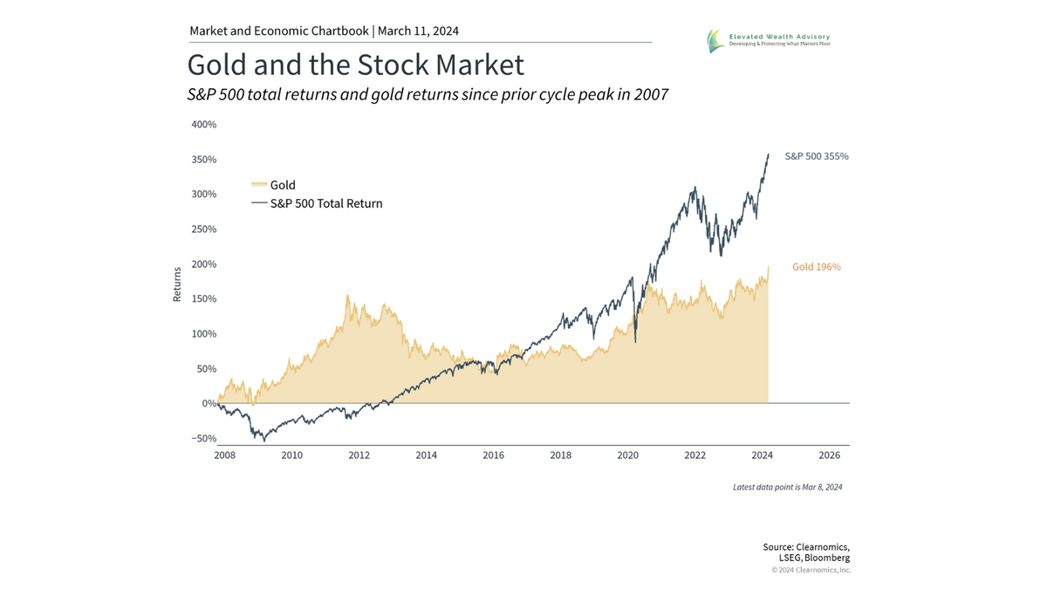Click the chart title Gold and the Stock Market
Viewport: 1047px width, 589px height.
pyautogui.click(x=356, y=65)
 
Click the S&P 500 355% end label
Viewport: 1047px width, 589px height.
pyautogui.click(x=816, y=156)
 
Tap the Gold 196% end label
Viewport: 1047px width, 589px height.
pyautogui.click(x=816, y=267)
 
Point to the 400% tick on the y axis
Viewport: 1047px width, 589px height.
pyautogui.click(x=203, y=125)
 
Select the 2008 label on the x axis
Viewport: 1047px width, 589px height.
pyautogui.click(x=224, y=455)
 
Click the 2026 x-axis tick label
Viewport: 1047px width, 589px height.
pyautogui.click(x=829, y=455)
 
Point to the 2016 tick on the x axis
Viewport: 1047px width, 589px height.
pyautogui.click(x=493, y=455)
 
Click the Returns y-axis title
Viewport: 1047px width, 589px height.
pyautogui.click(x=177, y=284)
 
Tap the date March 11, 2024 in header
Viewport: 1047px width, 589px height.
pyautogui.click(x=418, y=31)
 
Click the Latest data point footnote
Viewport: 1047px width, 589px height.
pyautogui.click(x=787, y=487)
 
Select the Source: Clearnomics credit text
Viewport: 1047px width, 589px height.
pyautogui.click(x=806, y=547)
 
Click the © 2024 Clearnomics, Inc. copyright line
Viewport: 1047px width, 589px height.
pyautogui.click(x=811, y=570)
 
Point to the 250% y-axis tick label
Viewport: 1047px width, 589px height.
pyautogui.click(x=203, y=229)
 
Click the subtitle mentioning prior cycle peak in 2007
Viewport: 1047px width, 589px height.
pyautogui.click(x=428, y=94)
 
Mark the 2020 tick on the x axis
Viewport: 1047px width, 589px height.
pyautogui.click(x=627, y=455)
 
